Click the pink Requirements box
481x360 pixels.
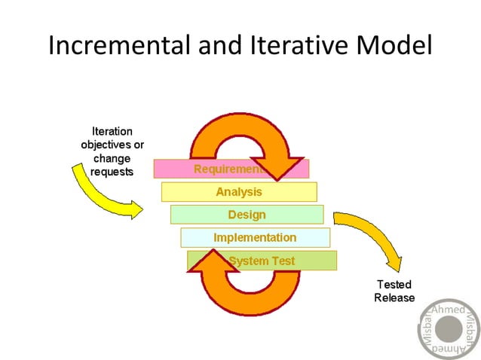pos(181,169)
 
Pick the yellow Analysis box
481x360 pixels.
pos(238,192)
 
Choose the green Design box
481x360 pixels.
pos(247,215)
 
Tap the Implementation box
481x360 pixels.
pos(255,237)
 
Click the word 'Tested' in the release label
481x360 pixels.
pos(394,285)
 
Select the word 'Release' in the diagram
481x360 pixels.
pos(394,297)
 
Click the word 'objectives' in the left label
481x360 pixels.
pos(112,145)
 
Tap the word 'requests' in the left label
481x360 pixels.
pos(112,172)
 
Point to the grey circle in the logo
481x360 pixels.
pos(448,330)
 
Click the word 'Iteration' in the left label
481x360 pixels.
pos(112,131)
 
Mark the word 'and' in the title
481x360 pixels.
pos(220,45)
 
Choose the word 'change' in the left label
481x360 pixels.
pos(112,158)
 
